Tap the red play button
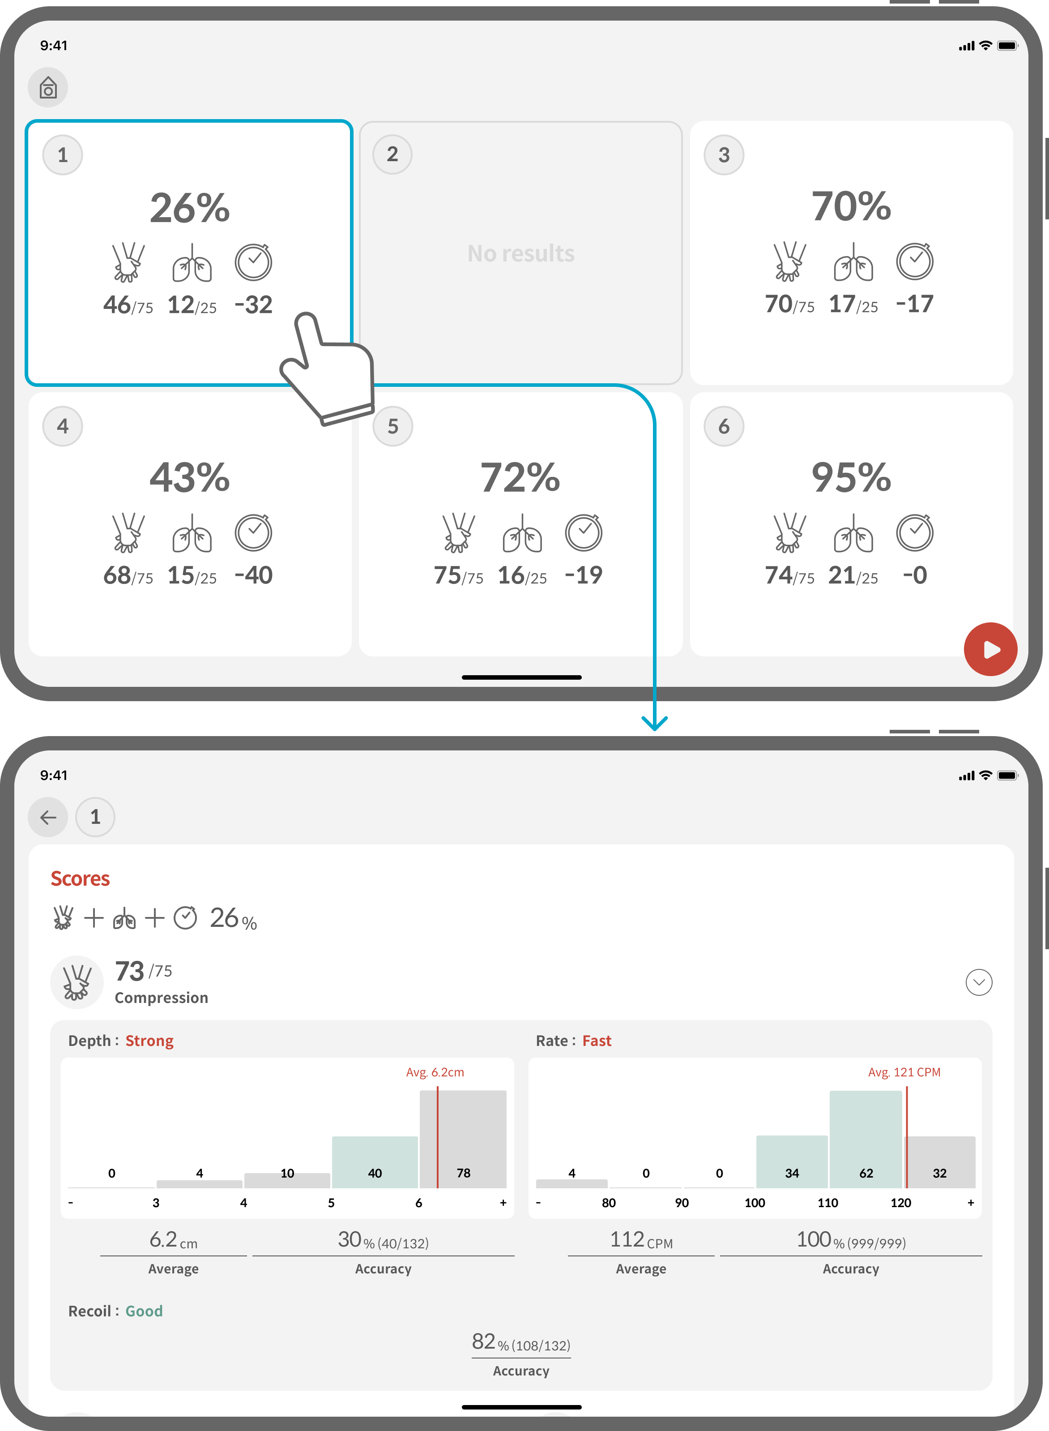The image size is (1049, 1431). tap(990, 649)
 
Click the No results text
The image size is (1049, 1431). tap(520, 253)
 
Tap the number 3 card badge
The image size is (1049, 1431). tap(724, 154)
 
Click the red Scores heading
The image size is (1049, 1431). tap(80, 878)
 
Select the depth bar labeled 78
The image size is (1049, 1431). tap(463, 1139)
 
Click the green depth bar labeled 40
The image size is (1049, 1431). tap(375, 1162)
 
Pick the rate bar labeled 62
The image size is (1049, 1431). tap(866, 1139)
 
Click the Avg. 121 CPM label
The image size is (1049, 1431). tap(904, 1072)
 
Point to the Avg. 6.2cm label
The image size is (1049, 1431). tap(435, 1072)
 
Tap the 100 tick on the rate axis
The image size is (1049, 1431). tap(755, 1202)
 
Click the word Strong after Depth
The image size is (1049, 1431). tap(149, 1041)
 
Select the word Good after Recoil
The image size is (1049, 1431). tap(144, 1311)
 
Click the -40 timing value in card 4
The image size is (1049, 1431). tap(253, 575)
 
